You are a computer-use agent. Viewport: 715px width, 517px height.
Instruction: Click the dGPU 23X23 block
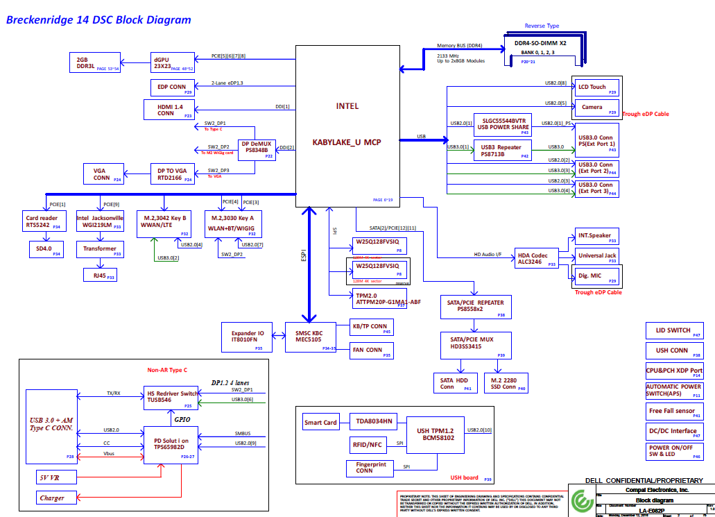174,62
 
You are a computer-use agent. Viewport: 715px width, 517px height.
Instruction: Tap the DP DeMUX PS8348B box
257,151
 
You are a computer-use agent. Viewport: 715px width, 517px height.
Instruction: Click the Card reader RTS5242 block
42,221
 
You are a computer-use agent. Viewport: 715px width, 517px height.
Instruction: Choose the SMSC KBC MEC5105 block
309,337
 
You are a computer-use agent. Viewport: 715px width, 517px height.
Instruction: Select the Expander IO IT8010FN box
248,337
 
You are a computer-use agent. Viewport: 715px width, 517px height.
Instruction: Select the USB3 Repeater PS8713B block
503,151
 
